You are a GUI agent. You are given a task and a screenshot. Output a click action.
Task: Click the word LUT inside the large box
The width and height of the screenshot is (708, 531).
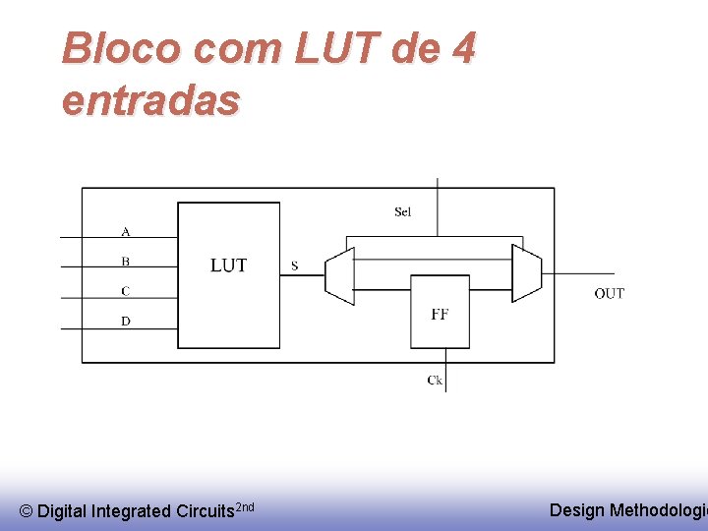click(x=228, y=265)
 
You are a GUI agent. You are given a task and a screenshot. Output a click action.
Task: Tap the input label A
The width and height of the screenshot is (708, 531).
click(x=125, y=232)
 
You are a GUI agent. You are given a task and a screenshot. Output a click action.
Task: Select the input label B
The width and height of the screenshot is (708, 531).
click(x=125, y=262)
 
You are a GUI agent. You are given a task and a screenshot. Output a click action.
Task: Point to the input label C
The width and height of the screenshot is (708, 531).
click(x=125, y=291)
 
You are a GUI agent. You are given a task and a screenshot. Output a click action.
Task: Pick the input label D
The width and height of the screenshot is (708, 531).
click(x=125, y=321)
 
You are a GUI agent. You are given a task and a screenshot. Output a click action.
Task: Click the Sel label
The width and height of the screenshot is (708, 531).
click(x=402, y=212)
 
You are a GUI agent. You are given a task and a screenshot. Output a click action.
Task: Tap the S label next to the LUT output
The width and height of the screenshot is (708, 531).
click(x=295, y=265)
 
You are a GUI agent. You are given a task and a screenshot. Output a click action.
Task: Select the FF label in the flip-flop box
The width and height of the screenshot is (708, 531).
click(x=440, y=315)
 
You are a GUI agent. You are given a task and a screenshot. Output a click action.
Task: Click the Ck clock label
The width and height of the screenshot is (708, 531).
click(x=435, y=380)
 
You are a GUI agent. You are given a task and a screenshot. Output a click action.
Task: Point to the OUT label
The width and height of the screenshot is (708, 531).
click(x=609, y=293)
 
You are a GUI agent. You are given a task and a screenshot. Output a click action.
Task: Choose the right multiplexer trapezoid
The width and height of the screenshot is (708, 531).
click(x=526, y=273)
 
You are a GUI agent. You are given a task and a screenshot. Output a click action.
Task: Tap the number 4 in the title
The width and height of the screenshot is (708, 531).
click(x=461, y=47)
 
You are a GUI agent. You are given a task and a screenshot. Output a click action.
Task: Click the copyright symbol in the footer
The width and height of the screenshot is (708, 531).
click(x=27, y=511)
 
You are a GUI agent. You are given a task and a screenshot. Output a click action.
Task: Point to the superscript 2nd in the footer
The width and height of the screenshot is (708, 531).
click(x=246, y=505)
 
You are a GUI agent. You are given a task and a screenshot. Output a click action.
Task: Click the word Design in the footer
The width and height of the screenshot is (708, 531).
click(x=577, y=509)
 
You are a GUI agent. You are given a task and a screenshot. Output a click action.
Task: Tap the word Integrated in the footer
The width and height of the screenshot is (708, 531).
click(x=130, y=511)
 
